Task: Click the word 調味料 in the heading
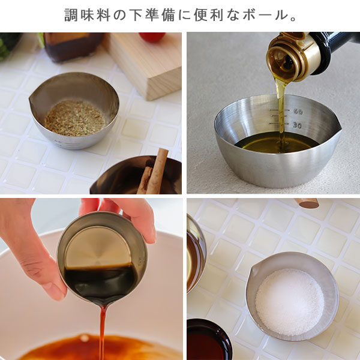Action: [88, 15]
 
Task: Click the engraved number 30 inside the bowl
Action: [298, 125]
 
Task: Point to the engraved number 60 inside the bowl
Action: [298, 112]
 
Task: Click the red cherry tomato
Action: [152, 37]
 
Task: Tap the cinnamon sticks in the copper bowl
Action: [153, 171]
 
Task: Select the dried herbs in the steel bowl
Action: [75, 118]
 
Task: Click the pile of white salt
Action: [290, 302]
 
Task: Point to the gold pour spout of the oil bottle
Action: [290, 58]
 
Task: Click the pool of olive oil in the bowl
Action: [277, 142]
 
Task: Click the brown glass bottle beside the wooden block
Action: [73, 47]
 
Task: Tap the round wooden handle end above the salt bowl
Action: [307, 203]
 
